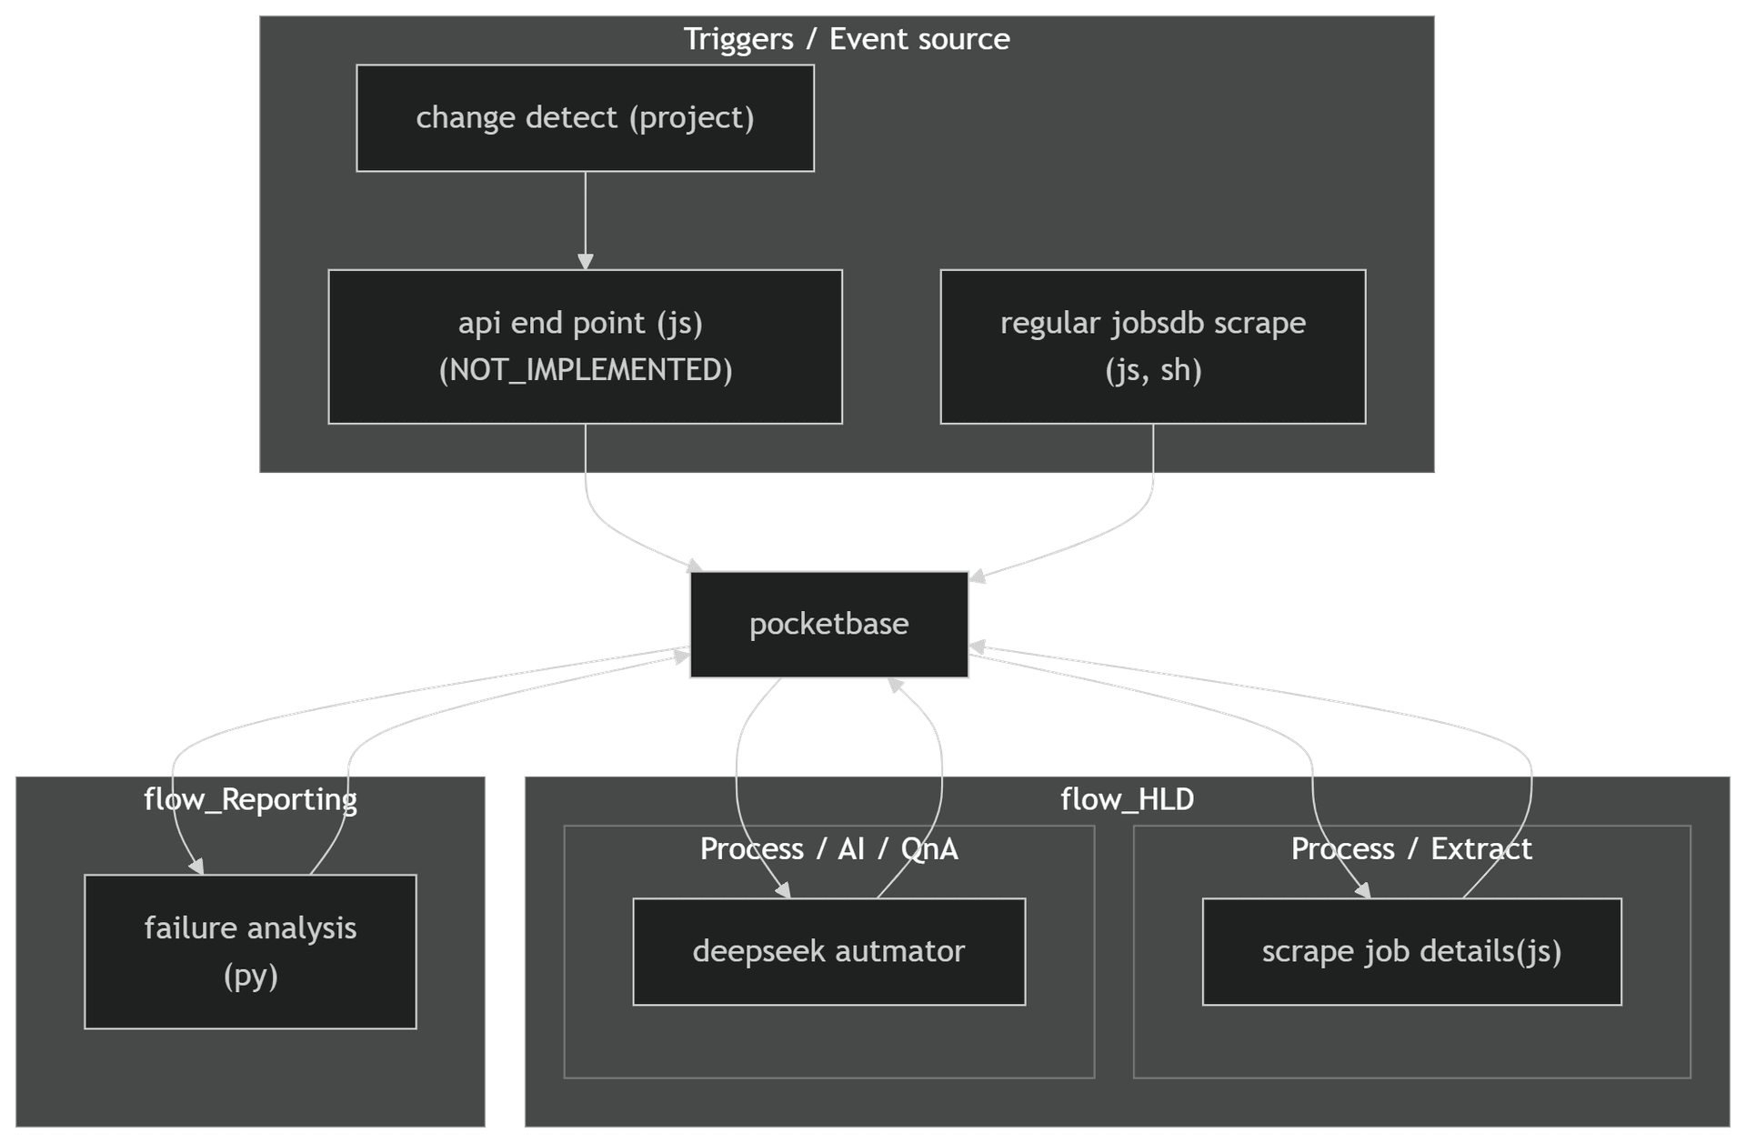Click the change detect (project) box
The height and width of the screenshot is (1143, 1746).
[x=585, y=118]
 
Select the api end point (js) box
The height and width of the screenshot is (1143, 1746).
[x=585, y=346]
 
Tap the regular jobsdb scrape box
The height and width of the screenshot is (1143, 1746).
[x=1152, y=346]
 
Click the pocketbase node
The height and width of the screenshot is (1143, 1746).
[x=828, y=625]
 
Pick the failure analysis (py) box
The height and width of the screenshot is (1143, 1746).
[x=250, y=951]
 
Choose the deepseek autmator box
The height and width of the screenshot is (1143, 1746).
[x=828, y=951]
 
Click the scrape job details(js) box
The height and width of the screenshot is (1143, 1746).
[x=1411, y=951]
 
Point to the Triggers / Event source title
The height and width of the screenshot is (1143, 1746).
[x=846, y=39]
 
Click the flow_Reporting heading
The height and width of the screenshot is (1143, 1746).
[x=250, y=799]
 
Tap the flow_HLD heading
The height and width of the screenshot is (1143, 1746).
[x=1127, y=799]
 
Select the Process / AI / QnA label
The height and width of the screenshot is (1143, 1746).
[x=828, y=848]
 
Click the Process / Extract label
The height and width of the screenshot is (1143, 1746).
[x=1411, y=848]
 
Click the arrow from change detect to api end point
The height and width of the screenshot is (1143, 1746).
[x=585, y=218]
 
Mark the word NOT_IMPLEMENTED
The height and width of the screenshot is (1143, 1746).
[x=585, y=370]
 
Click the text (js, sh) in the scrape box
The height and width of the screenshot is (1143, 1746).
[x=1153, y=370]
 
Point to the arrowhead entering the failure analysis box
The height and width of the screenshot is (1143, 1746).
[x=196, y=867]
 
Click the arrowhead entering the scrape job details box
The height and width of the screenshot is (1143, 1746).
[x=1363, y=890]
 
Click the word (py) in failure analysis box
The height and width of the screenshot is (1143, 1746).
[x=250, y=976]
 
